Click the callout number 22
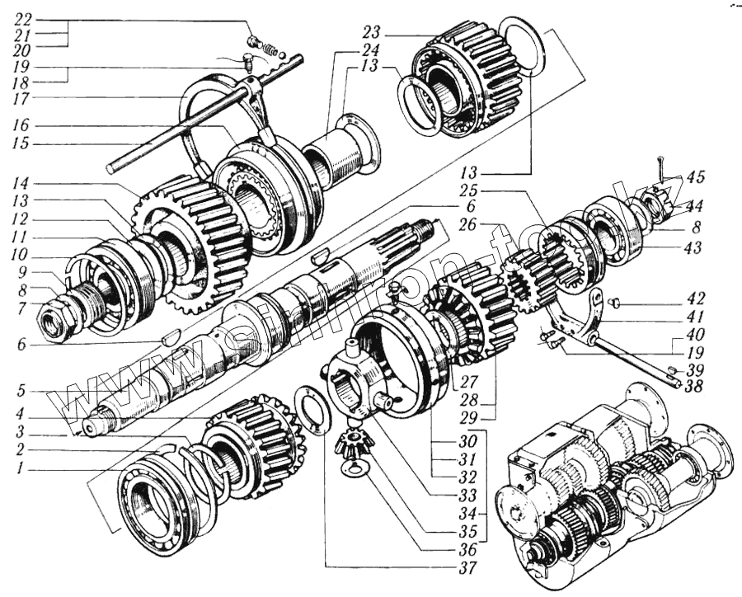pos(25,18)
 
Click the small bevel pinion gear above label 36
pos(351,449)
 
